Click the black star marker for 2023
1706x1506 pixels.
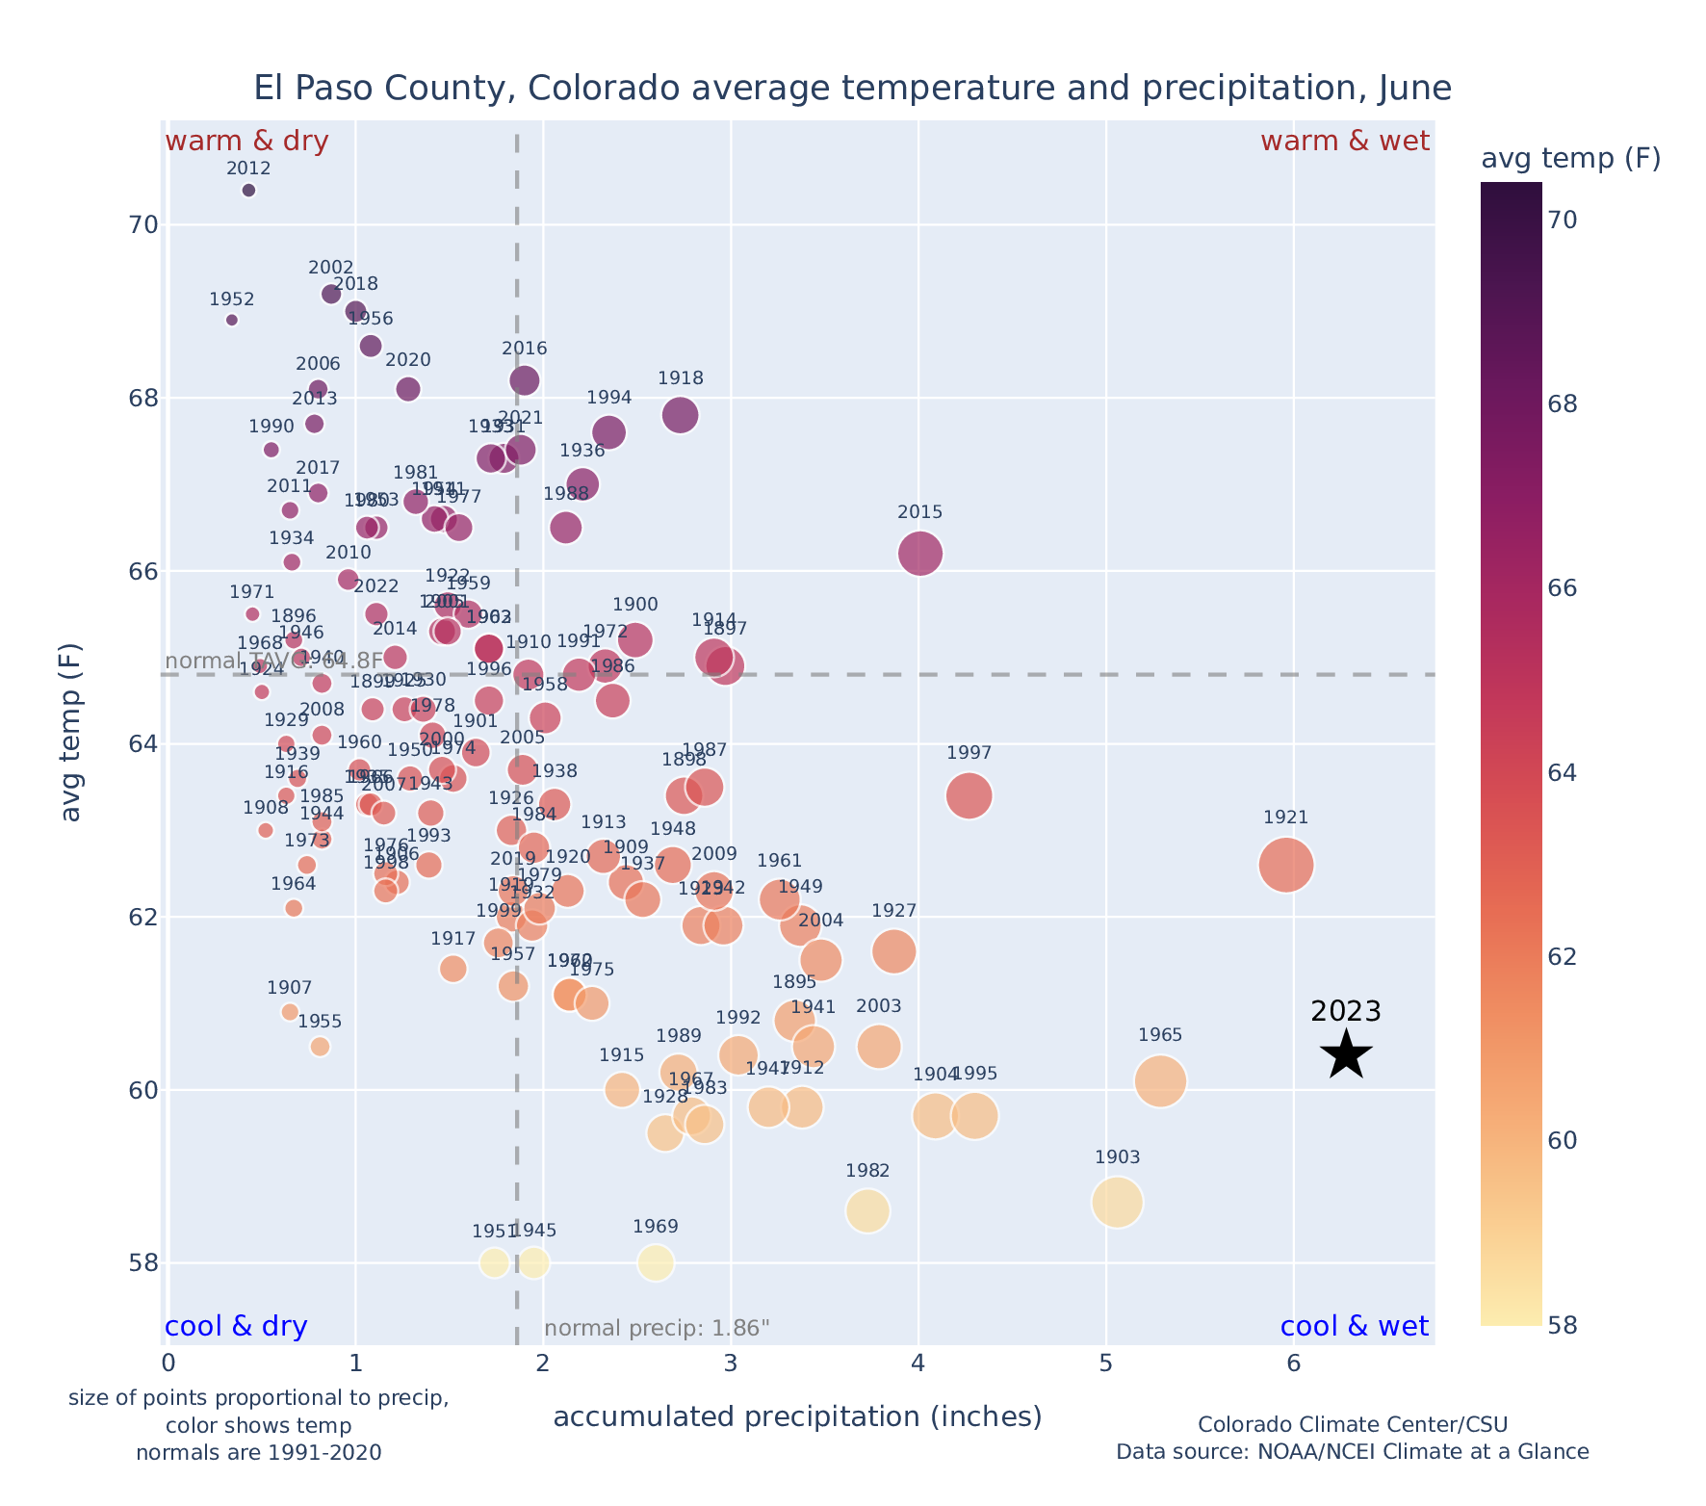pos(1346,1054)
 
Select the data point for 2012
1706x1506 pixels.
pos(248,191)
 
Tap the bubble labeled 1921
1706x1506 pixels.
pos(1285,866)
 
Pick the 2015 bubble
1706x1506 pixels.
pos(919,554)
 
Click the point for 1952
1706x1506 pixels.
pos(231,320)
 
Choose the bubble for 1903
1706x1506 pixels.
pos(1117,1203)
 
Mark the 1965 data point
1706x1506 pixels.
pos(1160,1081)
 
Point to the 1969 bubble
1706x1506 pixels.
pos(656,1262)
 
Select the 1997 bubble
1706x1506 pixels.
pos(969,796)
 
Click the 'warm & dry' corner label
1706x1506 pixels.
pos(246,142)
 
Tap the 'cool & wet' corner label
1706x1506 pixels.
pos(1354,1327)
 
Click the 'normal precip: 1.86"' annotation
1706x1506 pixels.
pos(657,1329)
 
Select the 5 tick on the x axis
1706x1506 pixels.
pos(1106,1363)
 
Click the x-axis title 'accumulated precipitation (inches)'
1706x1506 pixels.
pos(797,1416)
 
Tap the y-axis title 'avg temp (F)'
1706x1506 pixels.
pos(71,732)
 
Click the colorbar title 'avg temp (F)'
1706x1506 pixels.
pos(1570,159)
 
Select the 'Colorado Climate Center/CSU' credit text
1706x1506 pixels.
pos(1352,1424)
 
